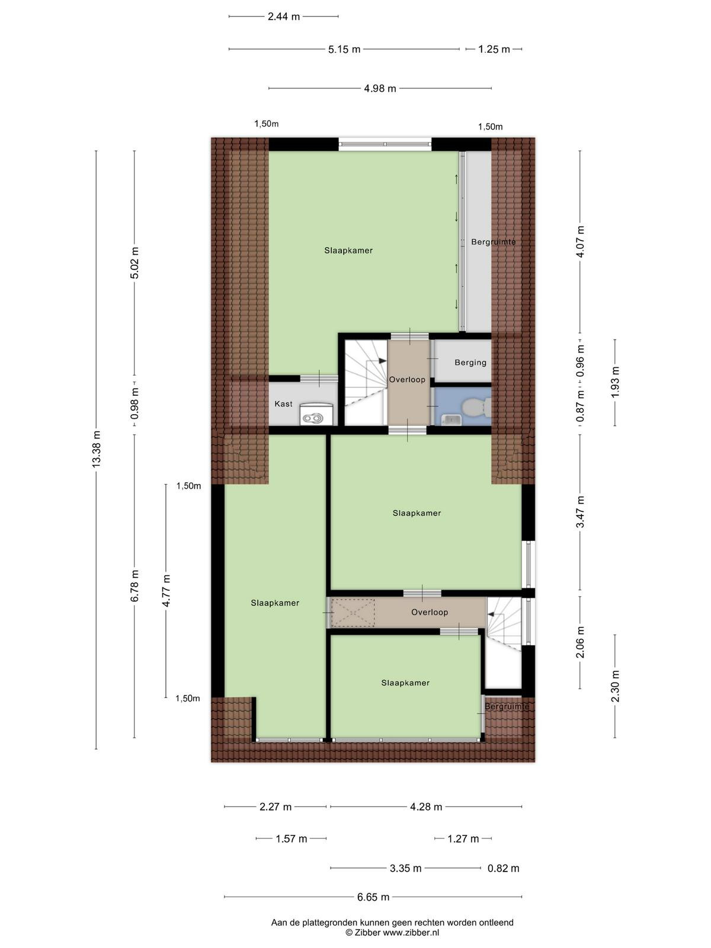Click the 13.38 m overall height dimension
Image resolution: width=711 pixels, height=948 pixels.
96,449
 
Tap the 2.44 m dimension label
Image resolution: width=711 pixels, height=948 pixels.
284,17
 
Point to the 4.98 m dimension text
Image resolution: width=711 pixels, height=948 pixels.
380,88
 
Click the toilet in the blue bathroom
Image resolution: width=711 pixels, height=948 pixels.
476,406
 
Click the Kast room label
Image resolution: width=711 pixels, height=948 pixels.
283,404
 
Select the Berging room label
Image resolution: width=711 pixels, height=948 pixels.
470,363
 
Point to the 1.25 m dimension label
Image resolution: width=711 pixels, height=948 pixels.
494,49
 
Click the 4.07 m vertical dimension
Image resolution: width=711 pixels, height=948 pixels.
580,241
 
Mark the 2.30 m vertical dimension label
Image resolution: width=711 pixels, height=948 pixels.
615,686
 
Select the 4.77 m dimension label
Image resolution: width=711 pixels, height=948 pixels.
166,591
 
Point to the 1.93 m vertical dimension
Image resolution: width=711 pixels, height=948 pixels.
615,382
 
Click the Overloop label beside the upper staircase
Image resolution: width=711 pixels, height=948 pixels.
407,380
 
